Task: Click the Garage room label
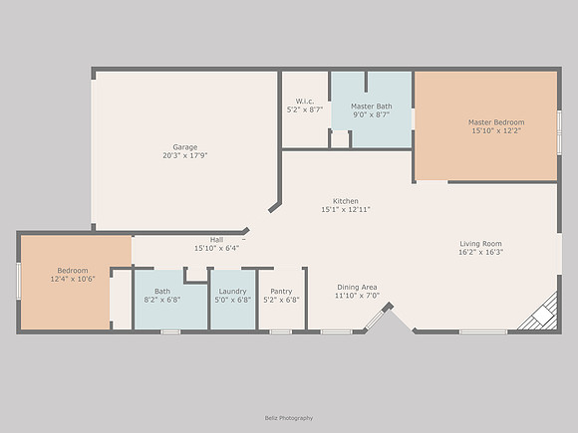[185, 147]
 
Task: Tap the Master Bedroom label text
[496, 122]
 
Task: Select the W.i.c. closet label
[305, 102]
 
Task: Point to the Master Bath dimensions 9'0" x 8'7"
[371, 114]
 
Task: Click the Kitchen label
[346, 201]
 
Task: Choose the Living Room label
[480, 244]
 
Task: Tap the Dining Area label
[357, 288]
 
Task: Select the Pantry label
[281, 292]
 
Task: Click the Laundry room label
[232, 292]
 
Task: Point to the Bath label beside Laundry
[162, 292]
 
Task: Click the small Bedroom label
[73, 271]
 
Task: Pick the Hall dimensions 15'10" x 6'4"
[217, 249]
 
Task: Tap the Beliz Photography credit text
[289, 418]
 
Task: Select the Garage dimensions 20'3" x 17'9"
[185, 155]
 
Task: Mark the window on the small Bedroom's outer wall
[18, 281]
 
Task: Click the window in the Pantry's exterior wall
[281, 332]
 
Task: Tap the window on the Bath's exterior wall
[170, 332]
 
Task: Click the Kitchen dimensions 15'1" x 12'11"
[346, 209]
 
